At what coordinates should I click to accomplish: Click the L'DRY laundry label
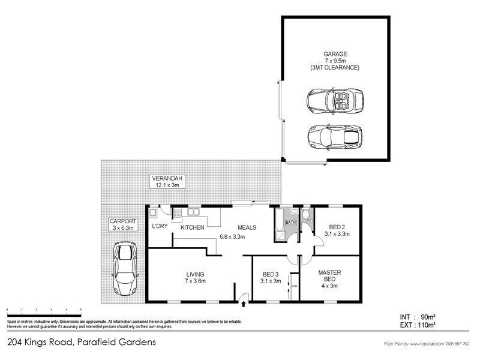pos(159,227)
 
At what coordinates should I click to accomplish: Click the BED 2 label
pos(337,227)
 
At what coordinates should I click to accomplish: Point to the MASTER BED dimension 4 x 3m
pos(329,286)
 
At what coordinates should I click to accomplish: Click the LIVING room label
pos(196,274)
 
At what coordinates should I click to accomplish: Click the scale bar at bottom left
pos(44,309)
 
